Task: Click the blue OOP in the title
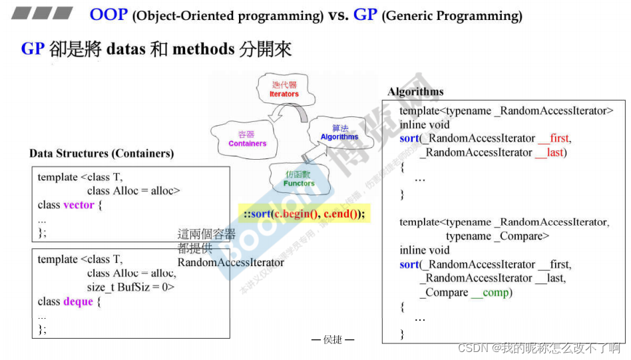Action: point(108,14)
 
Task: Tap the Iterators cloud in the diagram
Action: point(284,89)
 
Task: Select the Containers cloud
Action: point(247,138)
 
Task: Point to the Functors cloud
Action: point(299,178)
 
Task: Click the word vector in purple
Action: point(79,205)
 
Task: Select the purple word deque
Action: point(78,301)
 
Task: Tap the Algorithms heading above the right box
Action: point(415,92)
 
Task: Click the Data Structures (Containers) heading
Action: point(101,154)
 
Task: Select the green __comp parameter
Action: point(490,292)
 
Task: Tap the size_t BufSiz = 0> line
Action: point(130,287)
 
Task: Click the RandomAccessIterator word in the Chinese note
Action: point(230,262)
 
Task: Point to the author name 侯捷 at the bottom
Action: point(333,340)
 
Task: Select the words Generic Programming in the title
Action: point(452,16)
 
